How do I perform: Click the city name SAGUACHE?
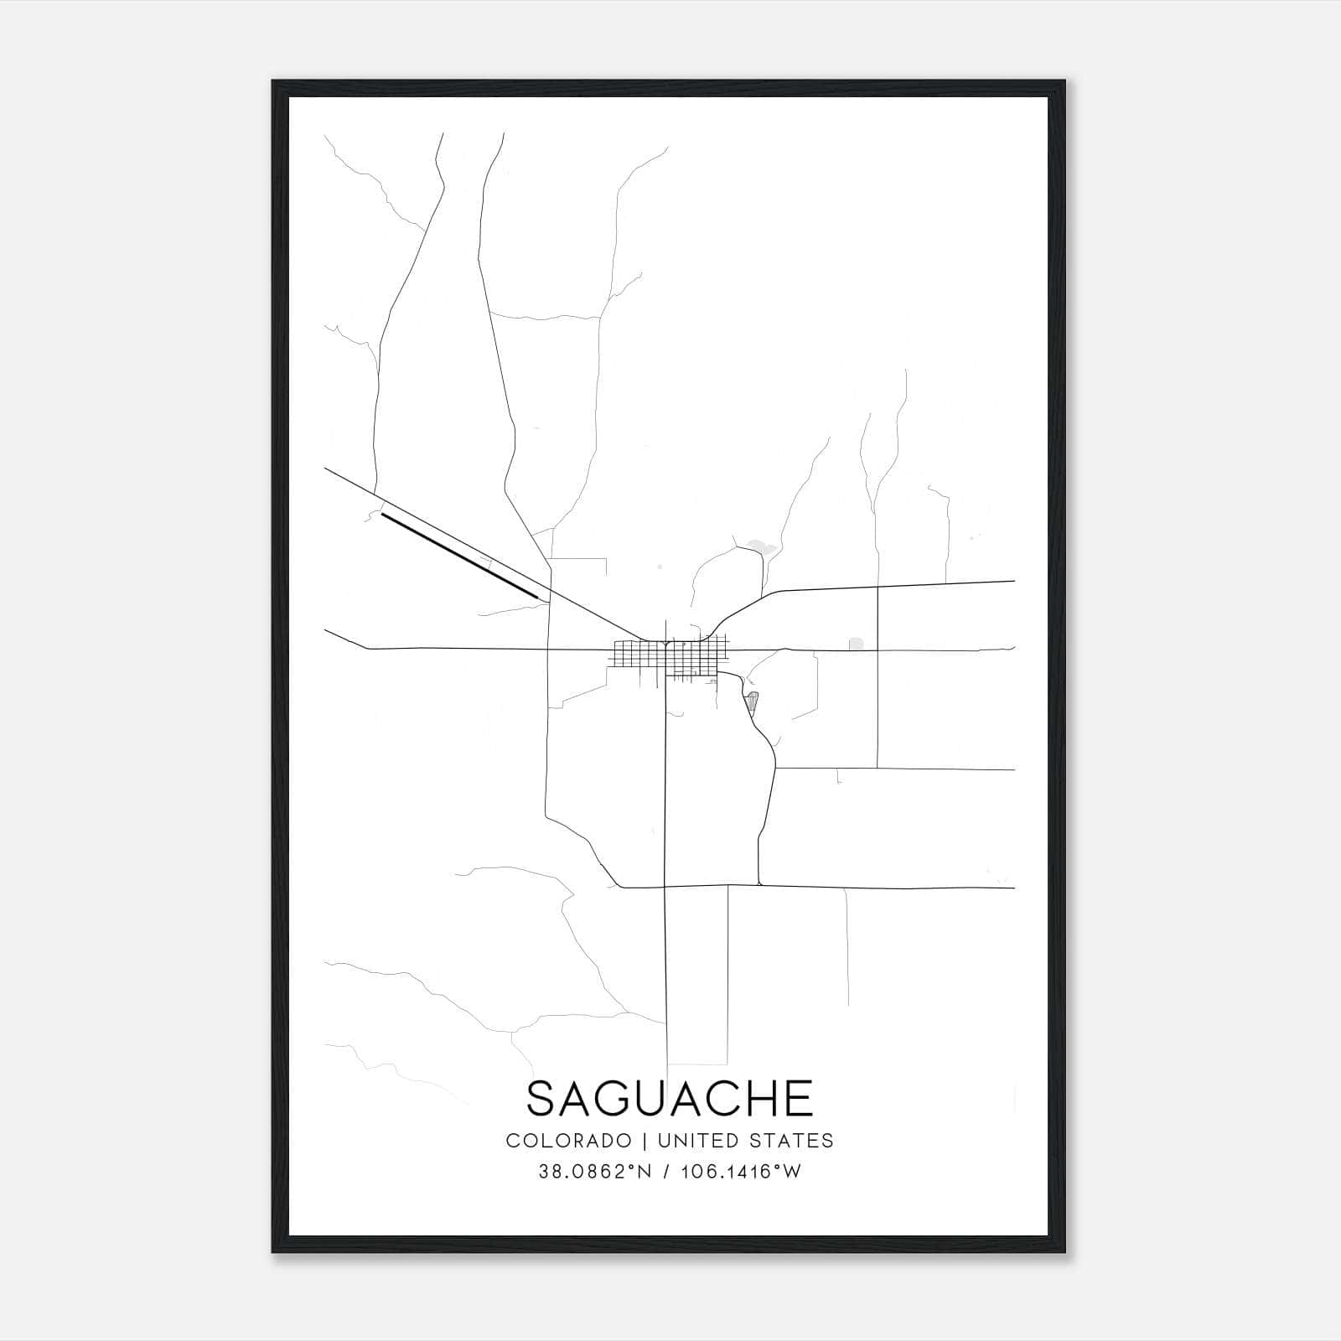[x=670, y=1098]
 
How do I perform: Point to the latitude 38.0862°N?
[x=595, y=1172]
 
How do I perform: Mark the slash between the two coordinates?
[x=666, y=1172]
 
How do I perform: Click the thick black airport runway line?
[x=459, y=556]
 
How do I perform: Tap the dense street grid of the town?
[x=670, y=658]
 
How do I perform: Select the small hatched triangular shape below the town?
[x=752, y=701]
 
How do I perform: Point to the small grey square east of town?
[x=856, y=644]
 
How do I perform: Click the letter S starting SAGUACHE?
[x=541, y=1098]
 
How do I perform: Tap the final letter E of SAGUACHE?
[x=800, y=1098]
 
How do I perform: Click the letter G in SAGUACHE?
[x=621, y=1098]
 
